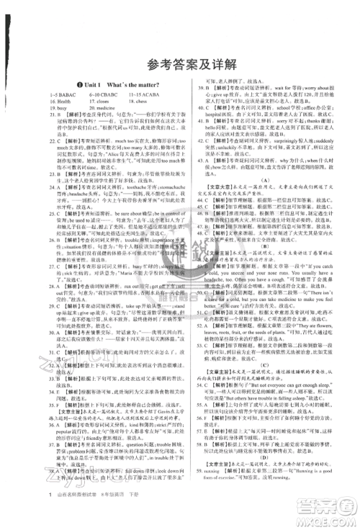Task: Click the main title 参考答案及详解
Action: (180, 46)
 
